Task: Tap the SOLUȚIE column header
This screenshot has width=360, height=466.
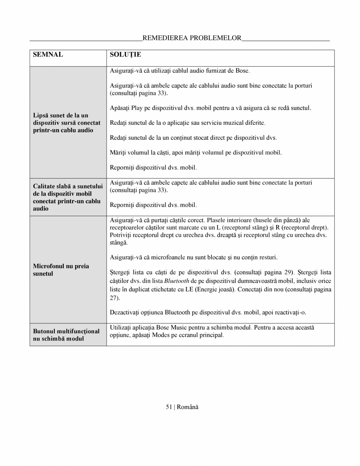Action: tap(125, 54)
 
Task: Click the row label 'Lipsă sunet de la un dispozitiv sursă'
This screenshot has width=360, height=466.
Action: tap(67, 123)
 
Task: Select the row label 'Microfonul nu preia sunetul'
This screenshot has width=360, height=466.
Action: tap(61, 269)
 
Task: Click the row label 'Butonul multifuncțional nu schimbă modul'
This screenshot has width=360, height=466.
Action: tap(66, 334)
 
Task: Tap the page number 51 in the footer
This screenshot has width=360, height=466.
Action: tap(169, 407)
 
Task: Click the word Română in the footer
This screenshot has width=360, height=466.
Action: tap(188, 407)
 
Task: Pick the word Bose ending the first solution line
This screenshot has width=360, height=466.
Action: tap(242, 70)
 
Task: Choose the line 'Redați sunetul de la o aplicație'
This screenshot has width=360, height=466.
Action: tap(187, 123)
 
